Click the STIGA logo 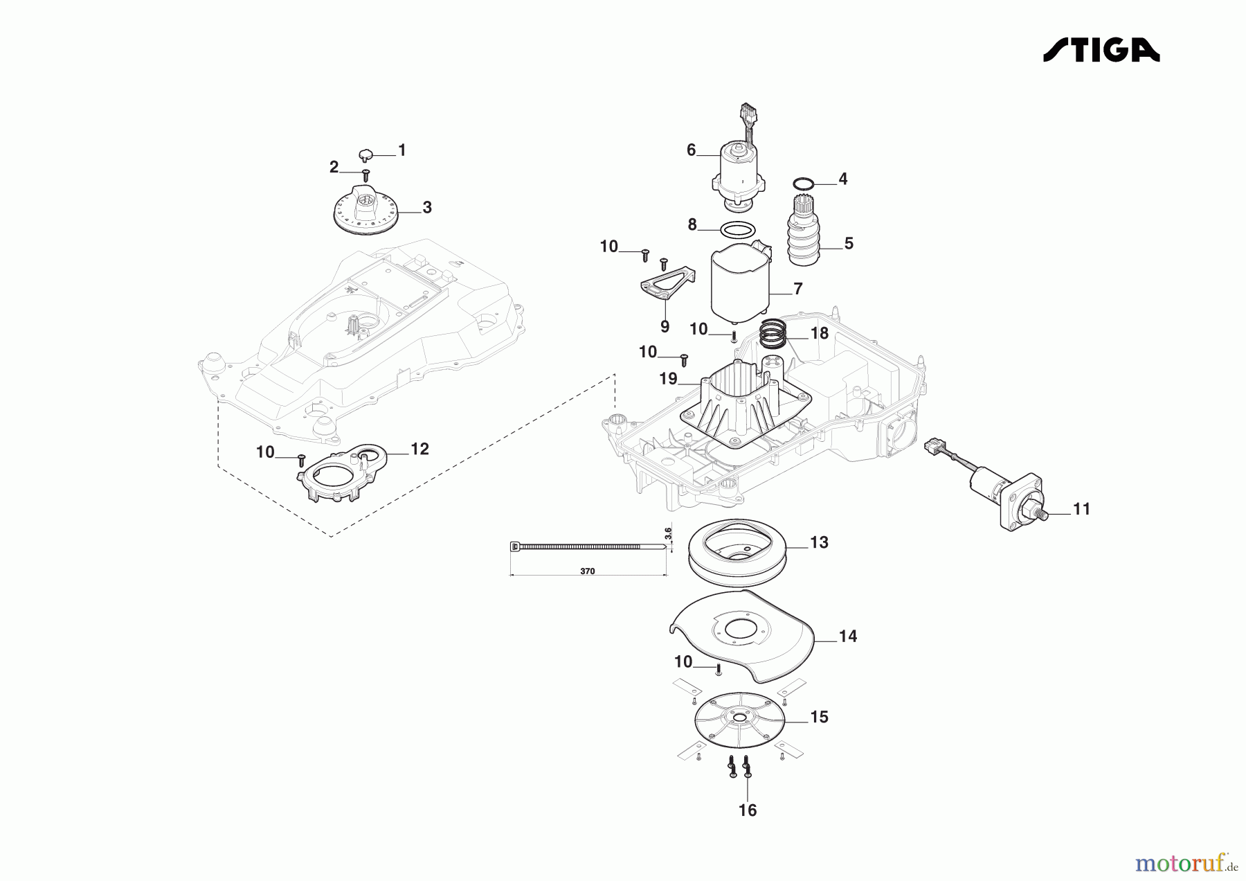[x=1101, y=50]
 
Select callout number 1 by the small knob [x=401, y=150]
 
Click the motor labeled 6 [x=739, y=170]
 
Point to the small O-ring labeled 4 [x=802, y=183]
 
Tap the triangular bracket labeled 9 [x=665, y=286]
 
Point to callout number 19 [x=668, y=379]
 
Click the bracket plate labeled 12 [x=340, y=470]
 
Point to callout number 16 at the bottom [x=748, y=810]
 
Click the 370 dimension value [x=587, y=571]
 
